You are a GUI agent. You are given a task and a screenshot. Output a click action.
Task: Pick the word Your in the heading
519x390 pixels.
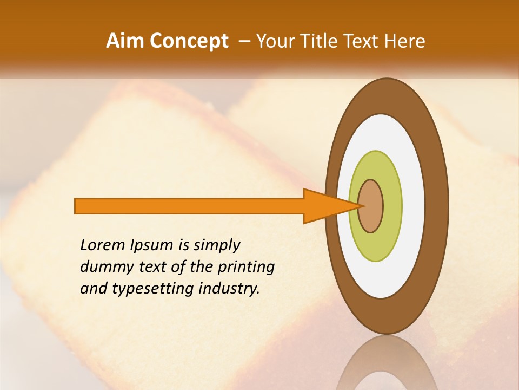274,41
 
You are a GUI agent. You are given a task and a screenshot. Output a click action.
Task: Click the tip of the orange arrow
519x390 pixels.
360,206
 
